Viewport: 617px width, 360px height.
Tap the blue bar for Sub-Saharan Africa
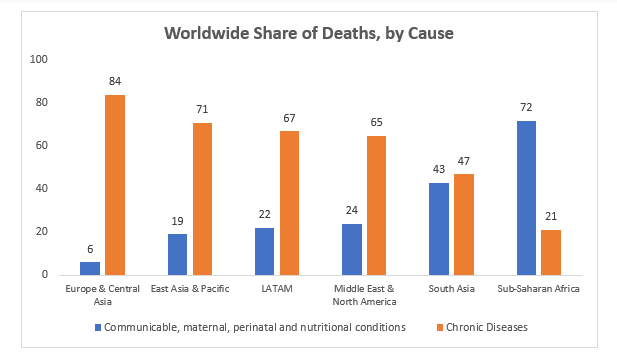[525, 197]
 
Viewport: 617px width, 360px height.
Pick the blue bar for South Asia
[439, 228]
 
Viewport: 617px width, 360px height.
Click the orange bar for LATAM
[289, 202]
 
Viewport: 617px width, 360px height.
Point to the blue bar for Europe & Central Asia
[90, 268]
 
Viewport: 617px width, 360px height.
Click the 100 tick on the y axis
[40, 59]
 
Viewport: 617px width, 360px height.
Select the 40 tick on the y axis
[42, 188]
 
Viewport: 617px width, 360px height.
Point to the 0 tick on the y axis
[45, 274]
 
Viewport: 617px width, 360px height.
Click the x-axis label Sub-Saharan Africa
[538, 289]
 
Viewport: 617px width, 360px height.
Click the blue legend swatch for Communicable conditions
[97, 327]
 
